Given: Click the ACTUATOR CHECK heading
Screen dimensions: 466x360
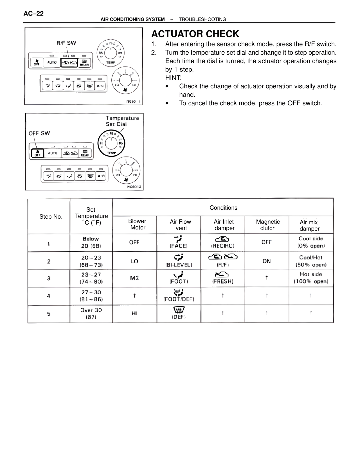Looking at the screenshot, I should (195, 34).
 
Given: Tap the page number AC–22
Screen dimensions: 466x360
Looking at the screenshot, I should (33, 14).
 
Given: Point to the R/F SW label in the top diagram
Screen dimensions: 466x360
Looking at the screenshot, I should (66, 43).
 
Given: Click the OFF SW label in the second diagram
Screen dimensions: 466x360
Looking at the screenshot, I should (39, 133).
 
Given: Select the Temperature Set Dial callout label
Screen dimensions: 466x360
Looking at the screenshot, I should (122, 121).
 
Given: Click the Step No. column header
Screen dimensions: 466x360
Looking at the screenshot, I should (51, 216).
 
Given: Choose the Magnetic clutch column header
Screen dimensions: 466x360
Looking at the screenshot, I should (268, 225).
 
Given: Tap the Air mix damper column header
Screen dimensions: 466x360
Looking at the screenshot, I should (309, 225).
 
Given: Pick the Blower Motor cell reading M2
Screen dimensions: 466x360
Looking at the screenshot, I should (134, 278).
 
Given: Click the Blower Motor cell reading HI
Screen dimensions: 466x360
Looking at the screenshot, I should (134, 313).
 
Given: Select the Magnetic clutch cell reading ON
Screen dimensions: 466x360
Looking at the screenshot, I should (266, 261).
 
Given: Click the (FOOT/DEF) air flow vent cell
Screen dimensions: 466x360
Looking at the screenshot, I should (179, 295).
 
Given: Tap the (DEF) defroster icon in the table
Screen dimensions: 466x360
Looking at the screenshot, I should (179, 310).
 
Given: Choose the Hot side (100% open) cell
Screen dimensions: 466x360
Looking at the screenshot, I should (311, 278).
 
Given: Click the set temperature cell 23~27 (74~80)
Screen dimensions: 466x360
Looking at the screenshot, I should (91, 278).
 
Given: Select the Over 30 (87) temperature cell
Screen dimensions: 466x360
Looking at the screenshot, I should (91, 313).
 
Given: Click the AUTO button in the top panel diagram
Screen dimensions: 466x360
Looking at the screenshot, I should (52, 62).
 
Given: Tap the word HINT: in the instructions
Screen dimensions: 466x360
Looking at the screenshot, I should (173, 78).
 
